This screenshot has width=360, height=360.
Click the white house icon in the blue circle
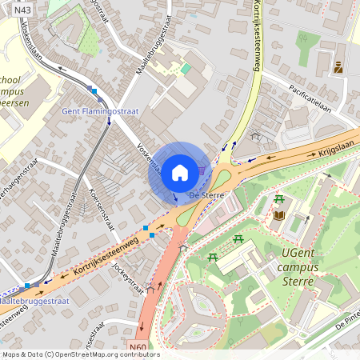tap(180, 172)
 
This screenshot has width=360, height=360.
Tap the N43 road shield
tap(22, 9)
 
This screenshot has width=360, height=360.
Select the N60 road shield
tap(138, 348)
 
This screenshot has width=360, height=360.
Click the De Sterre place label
tap(206, 194)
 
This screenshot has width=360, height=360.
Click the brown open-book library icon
tap(279, 215)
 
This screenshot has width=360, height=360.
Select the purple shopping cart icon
tap(202, 170)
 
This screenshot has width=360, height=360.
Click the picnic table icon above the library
tap(278, 199)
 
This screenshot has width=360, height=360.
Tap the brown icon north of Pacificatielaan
tap(338, 68)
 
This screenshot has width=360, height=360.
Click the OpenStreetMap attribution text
tap(80, 354)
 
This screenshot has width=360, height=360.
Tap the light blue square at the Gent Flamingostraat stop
tap(93, 91)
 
